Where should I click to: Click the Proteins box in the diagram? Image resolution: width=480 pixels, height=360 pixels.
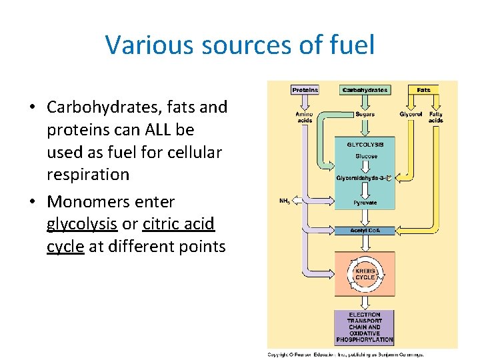click(305, 90)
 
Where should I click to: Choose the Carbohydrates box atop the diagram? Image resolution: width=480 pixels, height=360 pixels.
click(365, 90)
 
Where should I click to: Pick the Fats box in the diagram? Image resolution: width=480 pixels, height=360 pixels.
click(423, 90)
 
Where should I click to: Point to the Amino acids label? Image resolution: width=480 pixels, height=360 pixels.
click(304, 117)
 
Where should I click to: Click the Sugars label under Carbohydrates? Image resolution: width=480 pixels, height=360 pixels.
click(365, 115)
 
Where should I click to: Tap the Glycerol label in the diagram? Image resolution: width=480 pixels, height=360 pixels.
click(411, 115)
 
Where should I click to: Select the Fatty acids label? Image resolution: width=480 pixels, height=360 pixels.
click(436, 117)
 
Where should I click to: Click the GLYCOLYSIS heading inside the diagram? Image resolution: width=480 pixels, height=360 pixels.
click(365, 144)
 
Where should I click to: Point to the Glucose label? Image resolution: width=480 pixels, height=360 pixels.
click(365, 157)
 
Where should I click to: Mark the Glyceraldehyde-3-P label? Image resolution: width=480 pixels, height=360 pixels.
click(365, 178)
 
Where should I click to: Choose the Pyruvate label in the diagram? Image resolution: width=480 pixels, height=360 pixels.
click(365, 203)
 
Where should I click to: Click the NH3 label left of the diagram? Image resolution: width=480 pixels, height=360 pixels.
click(285, 201)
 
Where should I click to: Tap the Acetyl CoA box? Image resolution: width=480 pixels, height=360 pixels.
click(365, 231)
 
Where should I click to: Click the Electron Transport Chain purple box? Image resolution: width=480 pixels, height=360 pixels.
click(365, 327)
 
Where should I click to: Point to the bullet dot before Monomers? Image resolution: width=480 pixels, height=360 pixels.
click(33, 202)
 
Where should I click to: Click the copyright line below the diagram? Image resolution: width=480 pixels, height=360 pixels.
click(345, 355)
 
